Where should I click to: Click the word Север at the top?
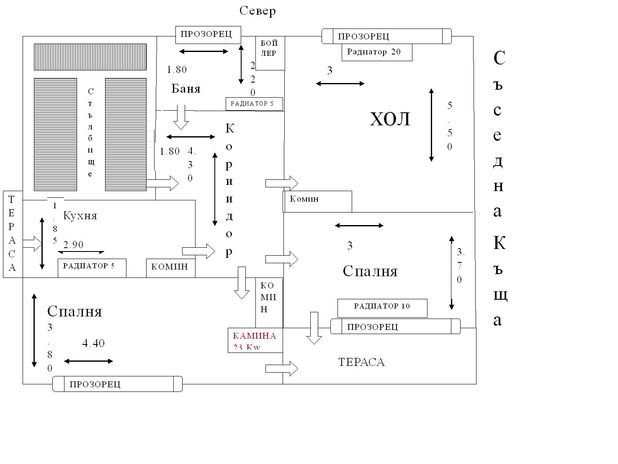coord(257,10)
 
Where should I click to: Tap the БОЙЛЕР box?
coord(270,53)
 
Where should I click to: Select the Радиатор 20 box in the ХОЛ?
coord(376,52)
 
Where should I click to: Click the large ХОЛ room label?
coord(390,119)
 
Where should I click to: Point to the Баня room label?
coord(186,89)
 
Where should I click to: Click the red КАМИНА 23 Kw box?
coord(255,340)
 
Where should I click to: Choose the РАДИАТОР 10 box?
coord(382,308)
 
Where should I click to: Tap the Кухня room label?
coord(80,216)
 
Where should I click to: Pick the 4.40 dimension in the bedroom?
coord(93,343)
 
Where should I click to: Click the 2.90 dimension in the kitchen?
coord(74,245)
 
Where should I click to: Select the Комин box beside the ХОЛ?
coord(317,201)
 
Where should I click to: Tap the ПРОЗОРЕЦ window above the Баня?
coord(208,35)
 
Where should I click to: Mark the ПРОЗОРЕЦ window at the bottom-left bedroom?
coord(117,384)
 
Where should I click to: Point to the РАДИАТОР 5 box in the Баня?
coord(254,104)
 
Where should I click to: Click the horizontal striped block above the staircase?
coord(90,57)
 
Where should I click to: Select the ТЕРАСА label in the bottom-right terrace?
coord(361,362)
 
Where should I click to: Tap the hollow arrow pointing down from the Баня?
coord(181,117)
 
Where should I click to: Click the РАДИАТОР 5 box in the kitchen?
coord(92,268)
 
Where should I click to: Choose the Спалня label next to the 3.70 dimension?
coord(370,272)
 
